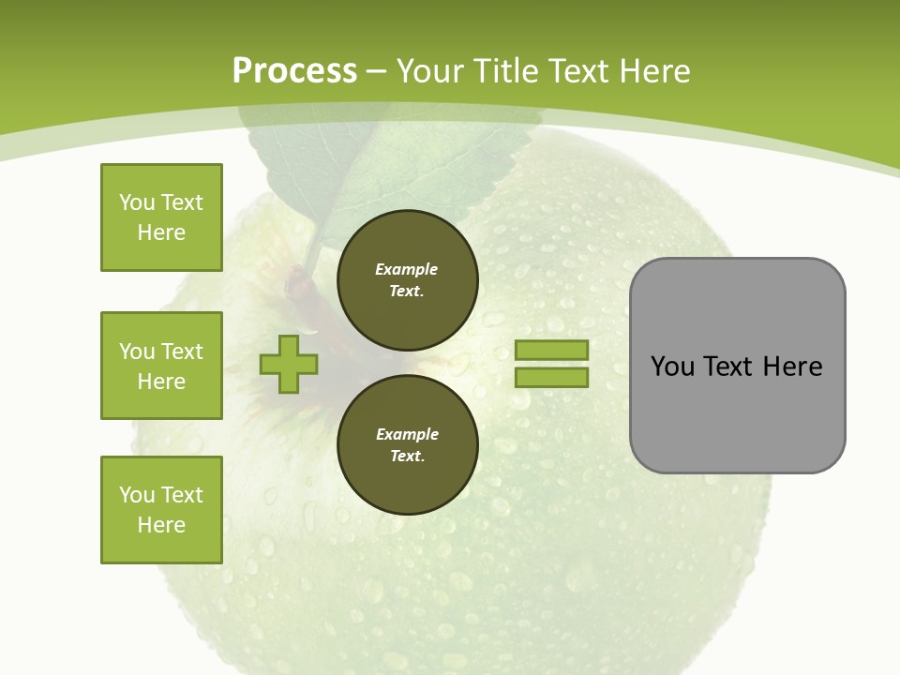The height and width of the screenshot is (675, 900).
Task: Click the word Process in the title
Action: (294, 70)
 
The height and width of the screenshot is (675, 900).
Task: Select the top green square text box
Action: (161, 217)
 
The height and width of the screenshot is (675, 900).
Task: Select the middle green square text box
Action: (161, 366)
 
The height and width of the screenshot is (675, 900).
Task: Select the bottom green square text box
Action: (161, 510)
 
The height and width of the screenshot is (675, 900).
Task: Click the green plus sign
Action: (289, 364)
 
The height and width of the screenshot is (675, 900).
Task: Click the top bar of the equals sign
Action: (551, 350)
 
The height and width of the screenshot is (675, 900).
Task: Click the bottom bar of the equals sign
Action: (551, 377)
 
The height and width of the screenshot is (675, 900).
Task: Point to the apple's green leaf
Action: (394, 169)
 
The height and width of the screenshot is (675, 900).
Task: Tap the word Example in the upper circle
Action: (406, 269)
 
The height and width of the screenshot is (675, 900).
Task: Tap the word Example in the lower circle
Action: (407, 434)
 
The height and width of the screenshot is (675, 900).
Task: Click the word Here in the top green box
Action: (161, 232)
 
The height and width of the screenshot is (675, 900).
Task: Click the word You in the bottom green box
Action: (136, 495)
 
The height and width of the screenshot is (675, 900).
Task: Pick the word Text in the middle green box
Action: (181, 352)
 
